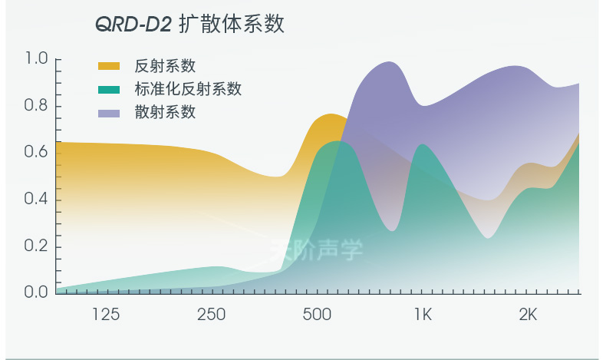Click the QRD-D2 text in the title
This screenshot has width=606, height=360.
point(133,25)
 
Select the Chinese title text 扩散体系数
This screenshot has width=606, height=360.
point(232,25)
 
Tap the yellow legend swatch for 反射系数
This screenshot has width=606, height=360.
point(109,66)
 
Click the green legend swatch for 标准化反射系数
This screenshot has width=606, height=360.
point(109,90)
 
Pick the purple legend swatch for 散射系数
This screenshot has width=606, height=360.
point(109,114)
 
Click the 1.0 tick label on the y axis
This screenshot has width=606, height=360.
point(36,59)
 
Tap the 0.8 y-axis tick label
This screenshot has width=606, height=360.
point(36,106)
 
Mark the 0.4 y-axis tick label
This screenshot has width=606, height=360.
point(36,200)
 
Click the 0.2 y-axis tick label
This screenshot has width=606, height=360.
point(36,246)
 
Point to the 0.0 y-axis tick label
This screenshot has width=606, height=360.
point(36,292)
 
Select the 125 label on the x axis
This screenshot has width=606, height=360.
point(106,315)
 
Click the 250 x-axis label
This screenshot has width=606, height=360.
point(211,315)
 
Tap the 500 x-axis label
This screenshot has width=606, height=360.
point(317,315)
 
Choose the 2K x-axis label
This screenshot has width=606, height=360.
point(528,315)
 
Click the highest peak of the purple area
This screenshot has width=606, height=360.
point(389,63)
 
